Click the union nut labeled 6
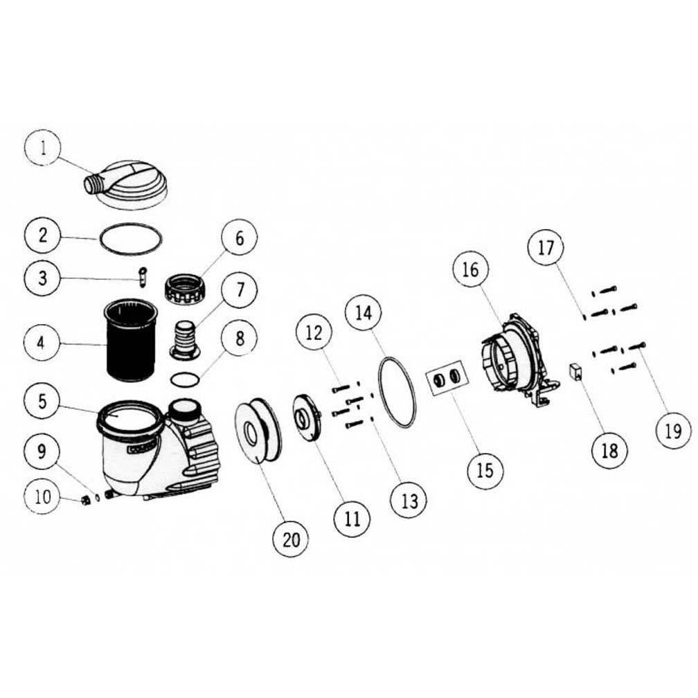click(187, 286)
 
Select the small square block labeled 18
click(574, 372)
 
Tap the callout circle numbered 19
click(672, 431)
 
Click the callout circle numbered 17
click(546, 247)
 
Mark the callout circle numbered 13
click(410, 500)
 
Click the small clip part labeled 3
click(144, 276)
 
